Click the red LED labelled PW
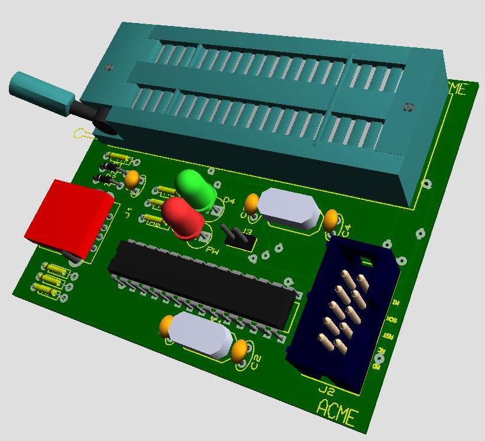tap(183, 216)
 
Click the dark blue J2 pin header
tap(342, 313)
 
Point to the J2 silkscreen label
tap(326, 391)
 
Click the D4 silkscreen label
tap(228, 202)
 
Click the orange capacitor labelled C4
tap(331, 220)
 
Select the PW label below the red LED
tap(212, 250)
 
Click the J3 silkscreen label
tap(247, 231)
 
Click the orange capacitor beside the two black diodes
tap(132, 179)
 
